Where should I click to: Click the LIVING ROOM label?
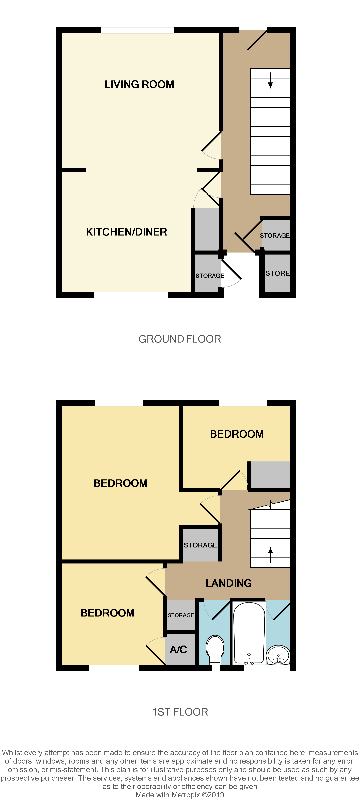coord(139,84)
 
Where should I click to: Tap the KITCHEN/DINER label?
coord(126,232)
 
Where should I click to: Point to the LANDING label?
coord(229,583)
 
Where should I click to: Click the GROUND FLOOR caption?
coord(180,339)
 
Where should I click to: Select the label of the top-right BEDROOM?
coord(237,434)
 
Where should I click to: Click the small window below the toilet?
coord(216,668)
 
